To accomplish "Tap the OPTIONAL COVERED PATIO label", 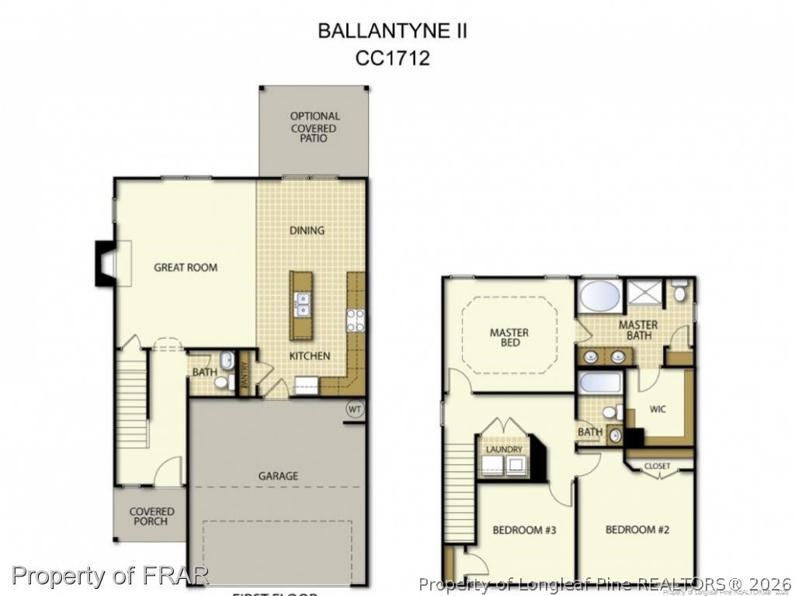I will [x=314, y=127].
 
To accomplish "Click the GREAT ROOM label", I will [x=186, y=268].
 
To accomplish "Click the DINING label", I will [x=307, y=230].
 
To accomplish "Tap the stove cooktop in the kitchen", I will [x=356, y=320].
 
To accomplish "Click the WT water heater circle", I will [x=355, y=409].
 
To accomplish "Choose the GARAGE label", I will [x=278, y=476].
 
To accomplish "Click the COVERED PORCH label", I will [x=151, y=517].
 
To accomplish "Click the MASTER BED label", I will [x=509, y=338].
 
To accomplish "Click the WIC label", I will [x=658, y=409].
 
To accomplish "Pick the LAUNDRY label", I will [x=505, y=449].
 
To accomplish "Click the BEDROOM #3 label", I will [x=524, y=531].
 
